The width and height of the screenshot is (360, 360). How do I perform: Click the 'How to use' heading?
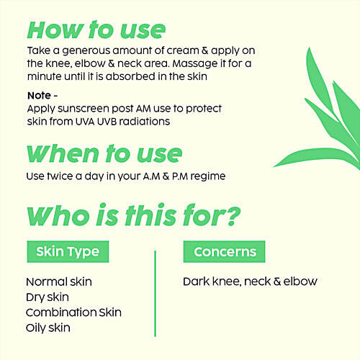click(96, 30)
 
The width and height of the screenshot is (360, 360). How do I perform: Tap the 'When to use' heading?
click(104, 154)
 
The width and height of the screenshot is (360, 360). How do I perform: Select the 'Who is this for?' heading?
click(133, 216)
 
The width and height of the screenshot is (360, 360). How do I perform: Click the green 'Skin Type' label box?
click(68, 252)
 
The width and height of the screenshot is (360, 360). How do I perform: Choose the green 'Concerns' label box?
click(224, 252)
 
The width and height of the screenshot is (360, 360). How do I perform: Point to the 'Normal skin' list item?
click(59, 282)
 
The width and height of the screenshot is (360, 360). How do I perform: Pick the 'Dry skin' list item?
click(48, 297)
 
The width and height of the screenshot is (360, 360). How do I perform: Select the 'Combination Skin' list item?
click(73, 312)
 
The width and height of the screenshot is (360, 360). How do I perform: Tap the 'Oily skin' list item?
click(48, 328)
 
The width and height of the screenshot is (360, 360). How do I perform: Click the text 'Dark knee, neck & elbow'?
click(250, 282)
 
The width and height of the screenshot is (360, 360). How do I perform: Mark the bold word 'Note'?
click(38, 94)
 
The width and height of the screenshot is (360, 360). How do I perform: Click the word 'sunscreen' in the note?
click(87, 108)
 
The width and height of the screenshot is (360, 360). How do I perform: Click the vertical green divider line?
click(155, 293)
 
